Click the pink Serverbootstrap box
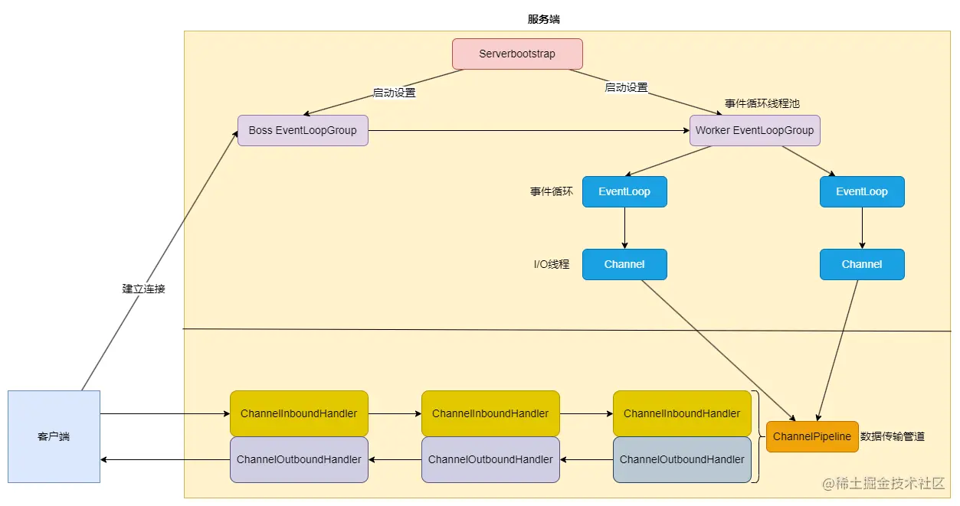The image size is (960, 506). [x=517, y=54]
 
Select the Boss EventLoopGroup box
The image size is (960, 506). [x=303, y=131]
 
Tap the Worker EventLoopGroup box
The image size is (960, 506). [x=755, y=131]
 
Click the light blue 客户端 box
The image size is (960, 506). [x=54, y=436]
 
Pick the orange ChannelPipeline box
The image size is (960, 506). [x=812, y=436]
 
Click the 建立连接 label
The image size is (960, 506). [x=143, y=289]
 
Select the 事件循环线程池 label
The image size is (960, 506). [x=762, y=103]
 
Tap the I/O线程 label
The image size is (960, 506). [x=552, y=265]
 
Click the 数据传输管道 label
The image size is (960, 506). [x=893, y=436]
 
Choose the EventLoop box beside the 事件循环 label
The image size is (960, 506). [x=624, y=192]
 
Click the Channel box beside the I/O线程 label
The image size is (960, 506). [x=624, y=265]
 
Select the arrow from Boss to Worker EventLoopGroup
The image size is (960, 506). [x=529, y=131]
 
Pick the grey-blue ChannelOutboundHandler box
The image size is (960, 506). [x=682, y=459]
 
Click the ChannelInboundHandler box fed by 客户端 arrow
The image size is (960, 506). [x=299, y=413]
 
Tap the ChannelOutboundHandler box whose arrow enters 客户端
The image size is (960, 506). [x=299, y=459]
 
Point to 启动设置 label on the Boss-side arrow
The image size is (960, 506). [x=394, y=93]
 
